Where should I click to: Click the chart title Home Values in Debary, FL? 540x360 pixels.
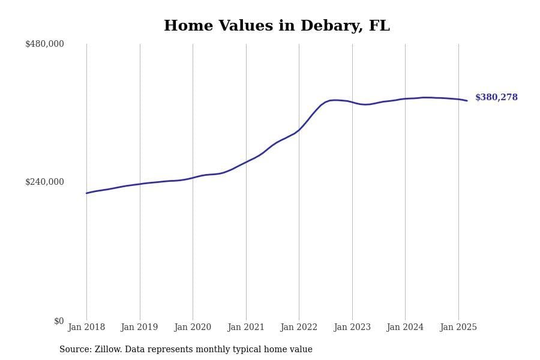[277, 26]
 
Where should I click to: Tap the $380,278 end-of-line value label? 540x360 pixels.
[496, 98]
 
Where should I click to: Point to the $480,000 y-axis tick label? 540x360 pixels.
[44, 44]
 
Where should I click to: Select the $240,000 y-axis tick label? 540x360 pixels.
[44, 182]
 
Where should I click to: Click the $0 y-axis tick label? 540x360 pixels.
[59, 321]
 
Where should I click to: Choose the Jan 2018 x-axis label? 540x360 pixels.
[86, 328]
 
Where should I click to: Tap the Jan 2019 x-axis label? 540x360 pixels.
[140, 328]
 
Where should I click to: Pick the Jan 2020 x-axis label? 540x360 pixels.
[193, 328]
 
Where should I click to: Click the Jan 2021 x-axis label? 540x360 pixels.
[246, 328]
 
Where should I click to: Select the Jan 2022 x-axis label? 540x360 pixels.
[299, 328]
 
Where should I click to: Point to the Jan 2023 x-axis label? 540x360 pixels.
[352, 328]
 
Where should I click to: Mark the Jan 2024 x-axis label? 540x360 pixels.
[405, 328]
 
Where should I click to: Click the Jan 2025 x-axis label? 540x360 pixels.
[458, 328]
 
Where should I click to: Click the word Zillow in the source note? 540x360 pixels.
[109, 350]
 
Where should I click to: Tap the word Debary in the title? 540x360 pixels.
[331, 26]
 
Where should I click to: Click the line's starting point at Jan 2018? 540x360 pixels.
[86, 193]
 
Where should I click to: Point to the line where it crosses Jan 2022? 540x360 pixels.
[299, 130]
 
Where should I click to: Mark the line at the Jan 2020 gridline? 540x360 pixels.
[193, 178]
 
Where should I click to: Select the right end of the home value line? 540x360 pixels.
[467, 101]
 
